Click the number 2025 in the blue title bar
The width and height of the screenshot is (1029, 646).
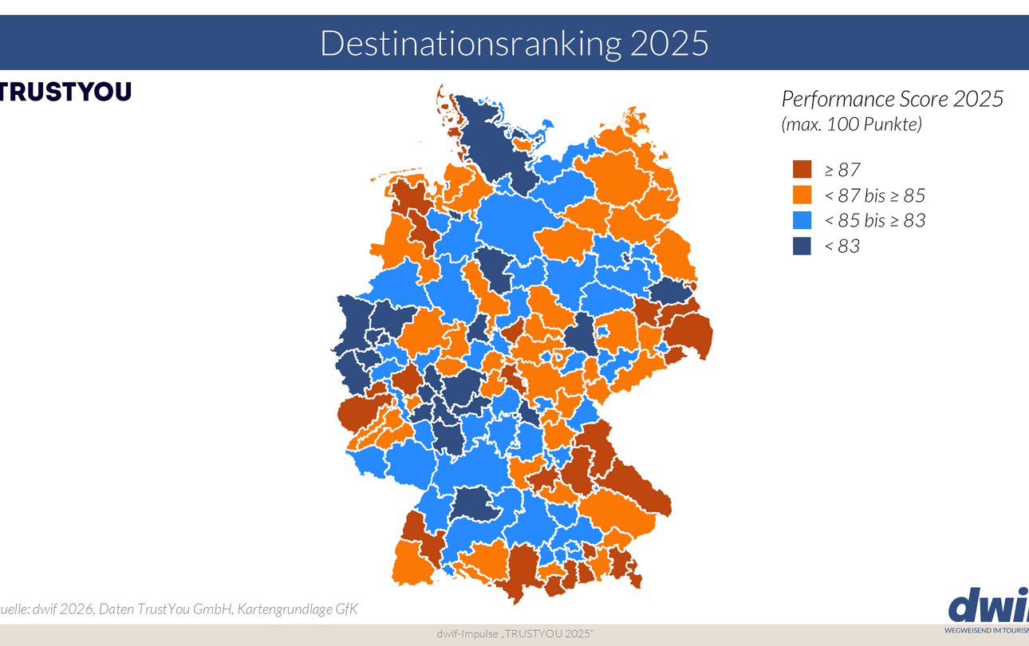[x=668, y=43]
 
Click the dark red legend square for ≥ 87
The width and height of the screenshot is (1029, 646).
[x=802, y=170]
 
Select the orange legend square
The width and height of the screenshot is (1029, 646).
[x=802, y=195]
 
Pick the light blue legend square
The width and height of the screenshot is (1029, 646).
[x=802, y=221]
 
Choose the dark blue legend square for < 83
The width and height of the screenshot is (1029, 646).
[x=802, y=246]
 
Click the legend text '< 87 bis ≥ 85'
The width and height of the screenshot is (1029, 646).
[x=874, y=195]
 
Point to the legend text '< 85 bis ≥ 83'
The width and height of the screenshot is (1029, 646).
[x=874, y=221]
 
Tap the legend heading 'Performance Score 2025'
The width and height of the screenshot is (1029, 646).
[x=892, y=99]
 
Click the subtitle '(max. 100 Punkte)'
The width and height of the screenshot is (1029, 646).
[x=851, y=124]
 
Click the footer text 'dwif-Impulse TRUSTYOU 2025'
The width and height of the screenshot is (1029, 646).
[x=514, y=633]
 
